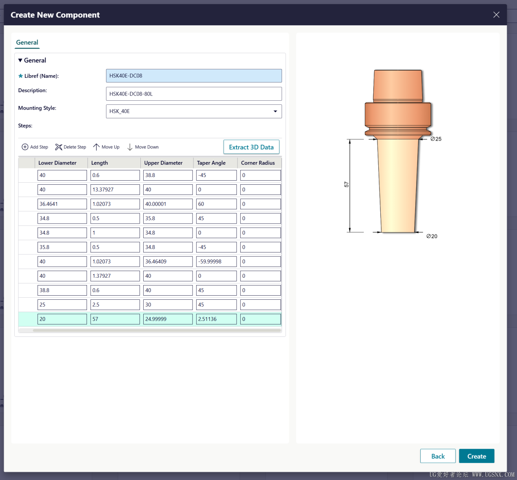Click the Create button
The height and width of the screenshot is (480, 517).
coord(476,456)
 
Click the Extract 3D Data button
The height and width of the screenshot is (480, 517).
coord(251,147)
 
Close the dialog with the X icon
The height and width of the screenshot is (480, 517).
coord(496,15)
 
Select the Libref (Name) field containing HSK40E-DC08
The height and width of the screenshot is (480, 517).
coord(194,76)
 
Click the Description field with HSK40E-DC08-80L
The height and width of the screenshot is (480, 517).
coord(194,94)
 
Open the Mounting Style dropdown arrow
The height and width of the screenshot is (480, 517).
coord(275,111)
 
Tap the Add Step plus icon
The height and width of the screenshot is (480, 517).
coord(25,147)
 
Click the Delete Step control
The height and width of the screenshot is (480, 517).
coord(71,147)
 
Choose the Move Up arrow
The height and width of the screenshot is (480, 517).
coord(96,147)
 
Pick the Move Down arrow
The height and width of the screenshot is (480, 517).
coord(130,147)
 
